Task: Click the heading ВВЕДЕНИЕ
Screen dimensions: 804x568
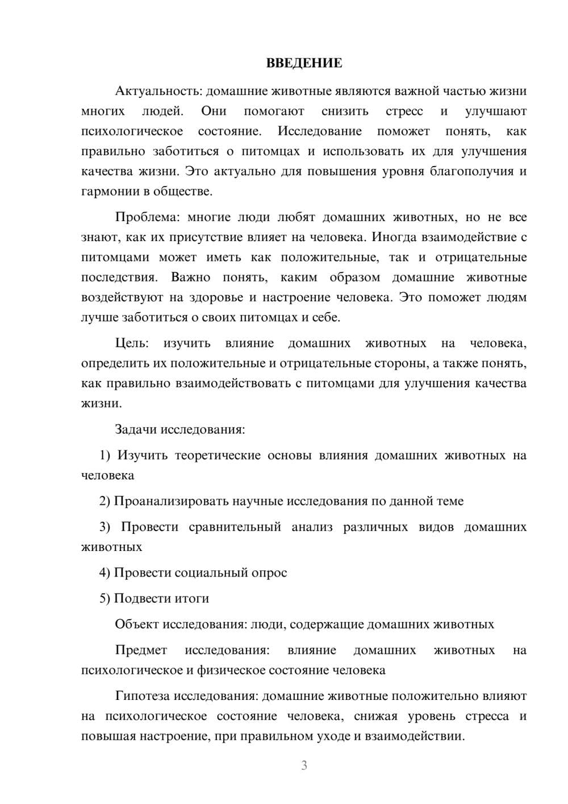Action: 304,63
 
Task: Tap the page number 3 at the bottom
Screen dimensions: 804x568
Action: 304,765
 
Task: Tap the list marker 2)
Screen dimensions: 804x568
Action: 105,501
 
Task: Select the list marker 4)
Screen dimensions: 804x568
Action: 105,573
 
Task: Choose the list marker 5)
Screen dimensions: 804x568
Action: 105,598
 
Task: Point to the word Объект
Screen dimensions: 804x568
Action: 137,624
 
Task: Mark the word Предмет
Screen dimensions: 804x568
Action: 141,650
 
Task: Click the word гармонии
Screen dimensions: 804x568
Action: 107,192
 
